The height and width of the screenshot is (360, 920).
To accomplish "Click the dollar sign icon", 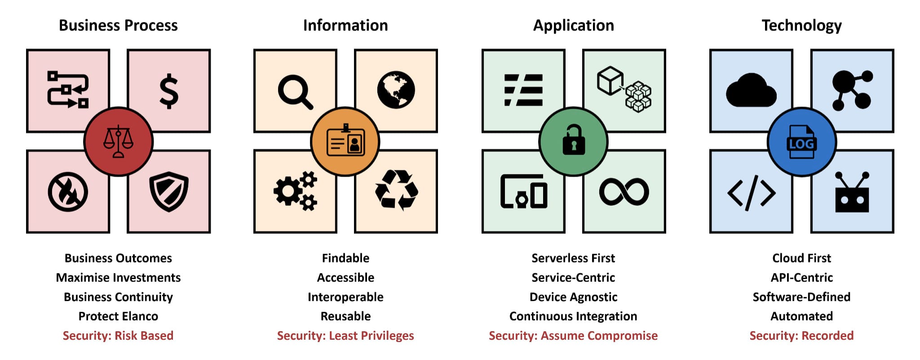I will [169, 91].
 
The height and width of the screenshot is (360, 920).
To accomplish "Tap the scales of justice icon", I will [119, 142].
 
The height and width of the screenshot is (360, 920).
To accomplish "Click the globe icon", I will [396, 90].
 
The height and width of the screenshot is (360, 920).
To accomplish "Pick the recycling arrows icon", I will [396, 190].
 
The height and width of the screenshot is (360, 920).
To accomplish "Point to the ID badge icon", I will [345, 141].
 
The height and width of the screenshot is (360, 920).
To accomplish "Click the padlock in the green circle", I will [574, 141].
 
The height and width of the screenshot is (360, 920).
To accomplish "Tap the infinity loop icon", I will [624, 191].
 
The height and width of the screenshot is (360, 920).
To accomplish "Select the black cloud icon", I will [751, 91].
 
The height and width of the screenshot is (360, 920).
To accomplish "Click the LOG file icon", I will [801, 142].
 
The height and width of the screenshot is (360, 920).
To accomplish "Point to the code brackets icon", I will [751, 193].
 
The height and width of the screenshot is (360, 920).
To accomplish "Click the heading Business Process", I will [118, 25].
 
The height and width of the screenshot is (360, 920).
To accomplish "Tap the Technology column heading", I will [801, 25].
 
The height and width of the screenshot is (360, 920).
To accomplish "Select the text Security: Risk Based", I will [118, 336].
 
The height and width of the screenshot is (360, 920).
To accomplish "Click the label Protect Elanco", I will [118, 316].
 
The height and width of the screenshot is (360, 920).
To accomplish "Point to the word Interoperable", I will [345, 297].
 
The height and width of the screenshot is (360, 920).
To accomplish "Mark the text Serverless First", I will [573, 258].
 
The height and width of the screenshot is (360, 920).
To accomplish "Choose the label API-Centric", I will [801, 278].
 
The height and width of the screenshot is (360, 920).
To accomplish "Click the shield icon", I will [169, 191].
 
